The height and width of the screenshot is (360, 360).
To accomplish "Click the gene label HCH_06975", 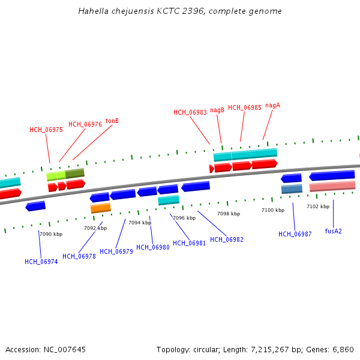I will pyautogui.click(x=46, y=130).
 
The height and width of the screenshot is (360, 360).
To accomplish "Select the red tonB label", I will pyautogui.click(x=112, y=121).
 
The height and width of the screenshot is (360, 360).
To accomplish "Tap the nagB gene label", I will pyautogui.click(x=217, y=110).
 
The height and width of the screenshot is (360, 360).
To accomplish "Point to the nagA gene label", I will pyautogui.click(x=272, y=105).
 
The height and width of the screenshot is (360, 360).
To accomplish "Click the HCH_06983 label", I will pyautogui.click(x=190, y=112).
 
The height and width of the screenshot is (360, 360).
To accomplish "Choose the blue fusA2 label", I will pyautogui.click(x=333, y=231).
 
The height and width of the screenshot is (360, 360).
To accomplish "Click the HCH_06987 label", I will pyautogui.click(x=295, y=234).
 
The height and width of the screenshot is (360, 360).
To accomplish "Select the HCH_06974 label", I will pyautogui.click(x=41, y=262).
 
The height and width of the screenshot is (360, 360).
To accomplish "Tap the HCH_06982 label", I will pyautogui.click(x=227, y=240).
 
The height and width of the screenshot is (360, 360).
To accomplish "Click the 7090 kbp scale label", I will pyautogui.click(x=51, y=234).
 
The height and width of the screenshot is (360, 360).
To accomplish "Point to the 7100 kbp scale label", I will pyautogui.click(x=273, y=210).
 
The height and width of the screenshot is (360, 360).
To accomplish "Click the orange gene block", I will pyautogui.click(x=101, y=208).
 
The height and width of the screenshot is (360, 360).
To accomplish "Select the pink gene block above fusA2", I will pyautogui.click(x=332, y=187).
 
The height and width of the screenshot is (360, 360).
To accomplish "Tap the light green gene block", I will pyautogui.click(x=56, y=176).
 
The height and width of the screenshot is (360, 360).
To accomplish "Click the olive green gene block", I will pyautogui.click(x=75, y=173).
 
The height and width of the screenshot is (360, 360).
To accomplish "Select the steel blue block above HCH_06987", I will pyautogui.click(x=292, y=189).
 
